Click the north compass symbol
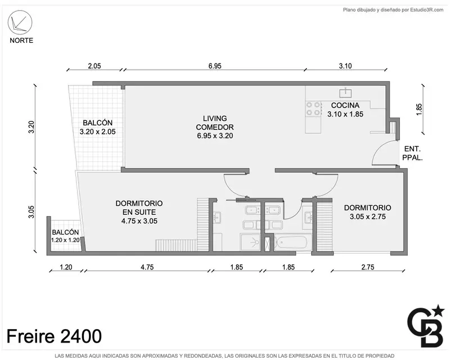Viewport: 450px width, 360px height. coord(20,22)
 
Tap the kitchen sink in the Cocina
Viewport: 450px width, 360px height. coord(345,92)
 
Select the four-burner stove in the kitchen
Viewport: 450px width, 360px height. coord(313,109)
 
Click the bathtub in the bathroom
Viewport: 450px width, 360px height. coord(292,243)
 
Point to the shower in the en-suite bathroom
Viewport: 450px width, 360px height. coord(250,242)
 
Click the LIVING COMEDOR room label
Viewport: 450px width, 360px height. coord(215,127)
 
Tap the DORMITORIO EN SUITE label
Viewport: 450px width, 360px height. coord(139,212)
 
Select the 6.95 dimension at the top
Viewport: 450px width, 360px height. coord(215,66)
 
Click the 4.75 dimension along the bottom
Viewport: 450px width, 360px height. coord(147,267)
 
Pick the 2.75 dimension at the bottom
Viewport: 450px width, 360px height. coord(368,267)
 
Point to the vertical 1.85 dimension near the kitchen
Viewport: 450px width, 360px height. coord(419,109)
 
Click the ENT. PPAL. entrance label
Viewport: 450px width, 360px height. coord(412,153)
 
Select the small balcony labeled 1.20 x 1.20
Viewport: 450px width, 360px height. coord(65,236)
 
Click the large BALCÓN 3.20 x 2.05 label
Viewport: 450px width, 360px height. coord(97,127)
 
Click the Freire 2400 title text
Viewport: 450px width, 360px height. coord(54,336)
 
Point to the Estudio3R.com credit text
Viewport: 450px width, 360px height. coord(393,10)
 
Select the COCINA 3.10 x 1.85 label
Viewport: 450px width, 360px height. coord(345,110)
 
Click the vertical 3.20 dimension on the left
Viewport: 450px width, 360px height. coord(31,127)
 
